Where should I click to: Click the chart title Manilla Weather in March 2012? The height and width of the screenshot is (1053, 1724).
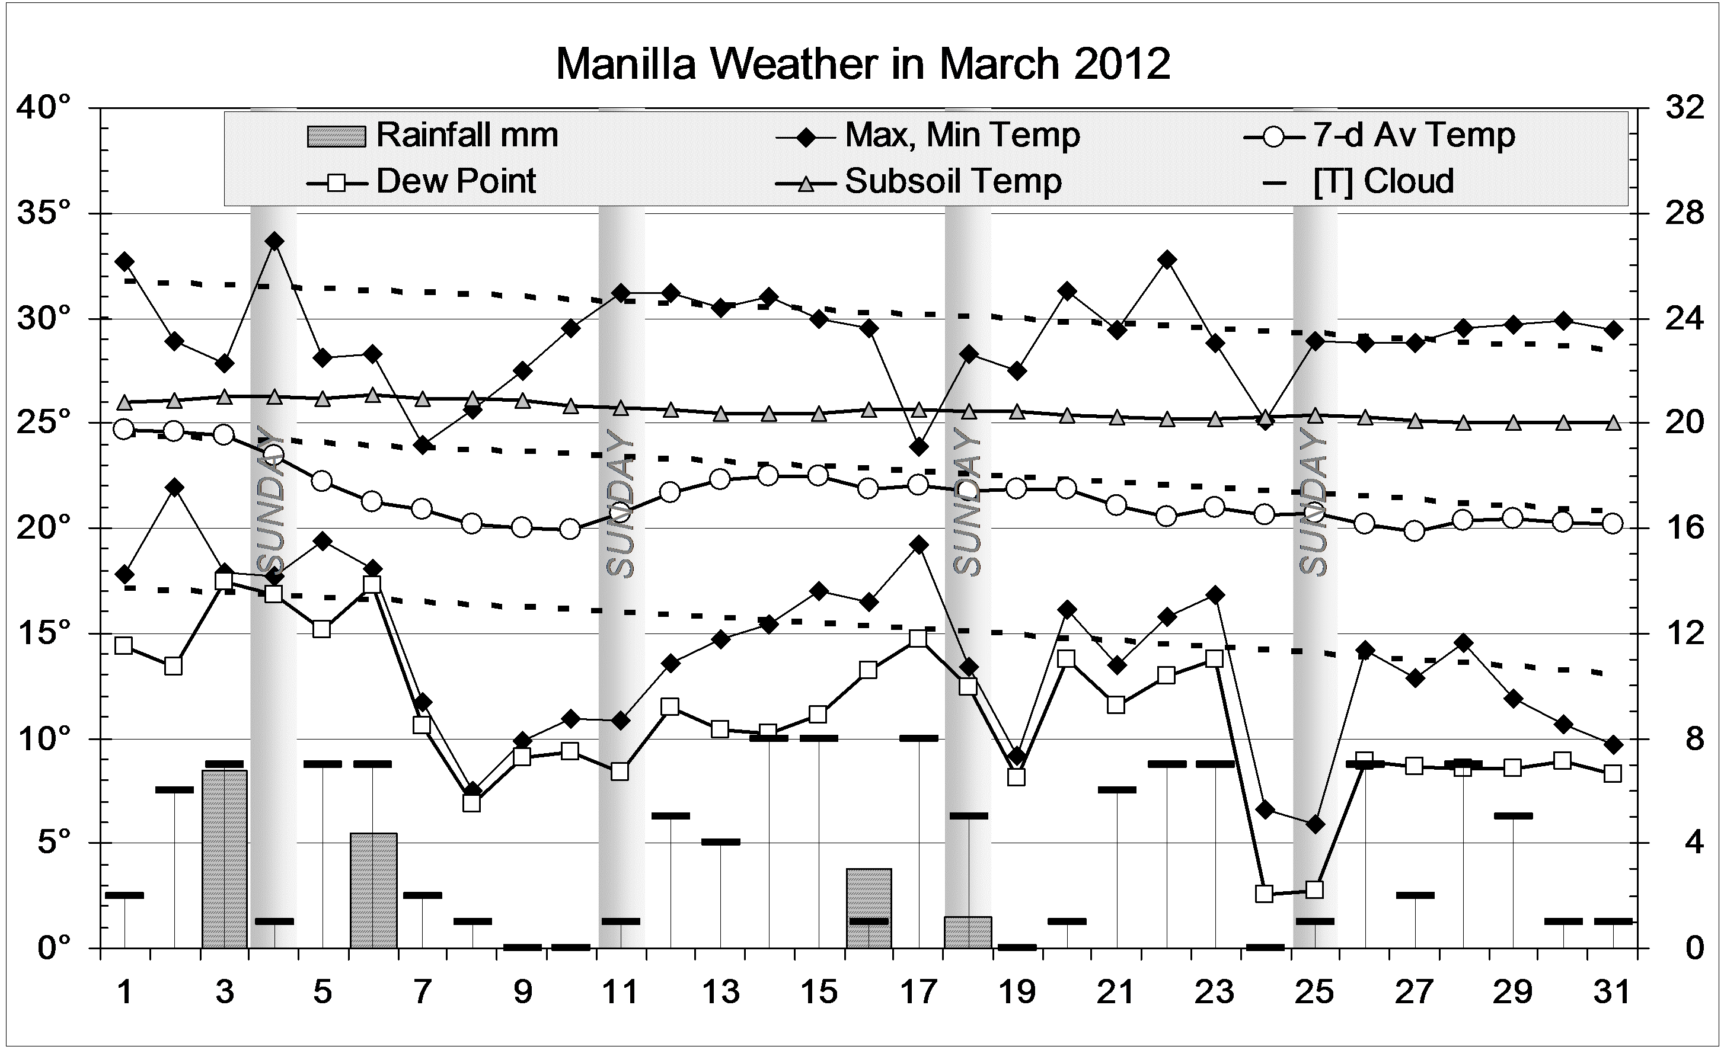862,65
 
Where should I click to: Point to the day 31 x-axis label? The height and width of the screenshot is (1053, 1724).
1612,991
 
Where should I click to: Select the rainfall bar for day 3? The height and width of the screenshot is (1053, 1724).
224,859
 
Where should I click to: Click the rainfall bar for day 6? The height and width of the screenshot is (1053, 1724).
373,890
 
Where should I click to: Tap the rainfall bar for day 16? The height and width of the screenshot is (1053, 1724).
869,908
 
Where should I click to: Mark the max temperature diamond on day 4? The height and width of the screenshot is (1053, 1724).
274,241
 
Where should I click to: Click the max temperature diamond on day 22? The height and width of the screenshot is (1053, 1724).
1166,260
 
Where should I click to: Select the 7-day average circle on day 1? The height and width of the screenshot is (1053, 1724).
124,429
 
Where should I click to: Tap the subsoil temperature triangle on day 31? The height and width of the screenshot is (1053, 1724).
1612,423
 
